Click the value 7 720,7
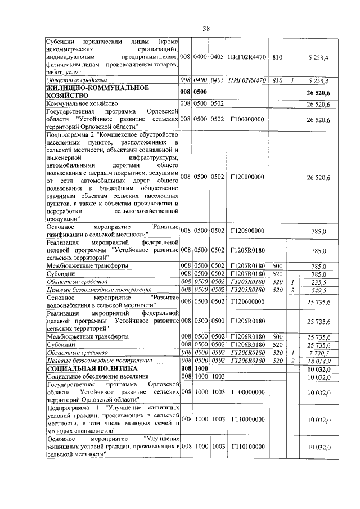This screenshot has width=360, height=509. pos(318,352)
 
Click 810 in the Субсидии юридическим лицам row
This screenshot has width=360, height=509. pos(277,57)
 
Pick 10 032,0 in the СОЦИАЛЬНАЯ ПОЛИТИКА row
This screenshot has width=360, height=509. pos(318,368)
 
